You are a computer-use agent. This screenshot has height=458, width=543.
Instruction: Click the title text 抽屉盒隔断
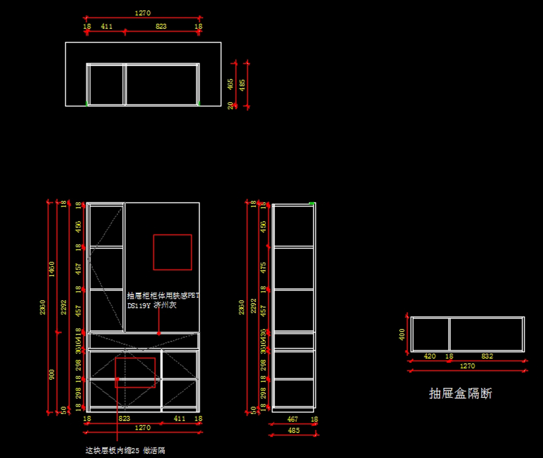[x=460, y=393]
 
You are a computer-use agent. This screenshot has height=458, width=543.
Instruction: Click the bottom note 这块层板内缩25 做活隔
[x=125, y=450]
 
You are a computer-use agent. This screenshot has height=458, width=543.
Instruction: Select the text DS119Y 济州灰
[x=152, y=306]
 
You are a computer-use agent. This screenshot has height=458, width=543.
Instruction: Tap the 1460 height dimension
[x=52, y=269]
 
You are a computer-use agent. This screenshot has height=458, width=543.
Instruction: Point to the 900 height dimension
[x=52, y=374]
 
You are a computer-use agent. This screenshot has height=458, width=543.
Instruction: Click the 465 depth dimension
[x=230, y=84]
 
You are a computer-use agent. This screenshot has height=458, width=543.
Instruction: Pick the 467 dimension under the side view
[x=293, y=419]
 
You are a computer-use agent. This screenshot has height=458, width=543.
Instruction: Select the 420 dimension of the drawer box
[x=429, y=356]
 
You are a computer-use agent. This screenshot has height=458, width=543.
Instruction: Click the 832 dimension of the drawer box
[x=487, y=356]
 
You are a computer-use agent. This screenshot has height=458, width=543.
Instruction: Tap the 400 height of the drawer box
[x=402, y=335]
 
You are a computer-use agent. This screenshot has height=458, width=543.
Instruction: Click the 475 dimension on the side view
[x=263, y=268]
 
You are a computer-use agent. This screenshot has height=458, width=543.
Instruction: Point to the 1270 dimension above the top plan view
[x=143, y=13]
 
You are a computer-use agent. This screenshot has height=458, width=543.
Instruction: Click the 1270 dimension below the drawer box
[x=467, y=366]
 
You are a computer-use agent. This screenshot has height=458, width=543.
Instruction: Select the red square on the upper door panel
[x=172, y=252]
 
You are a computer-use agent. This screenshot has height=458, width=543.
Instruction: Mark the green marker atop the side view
[x=311, y=203]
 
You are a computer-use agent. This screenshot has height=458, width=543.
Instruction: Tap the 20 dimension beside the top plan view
[x=230, y=105]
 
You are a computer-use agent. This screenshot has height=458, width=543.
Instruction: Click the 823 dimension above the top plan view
[x=161, y=26]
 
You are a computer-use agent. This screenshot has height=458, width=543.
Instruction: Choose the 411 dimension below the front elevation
[x=180, y=419]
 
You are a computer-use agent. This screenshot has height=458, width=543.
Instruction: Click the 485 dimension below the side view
[x=294, y=430]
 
